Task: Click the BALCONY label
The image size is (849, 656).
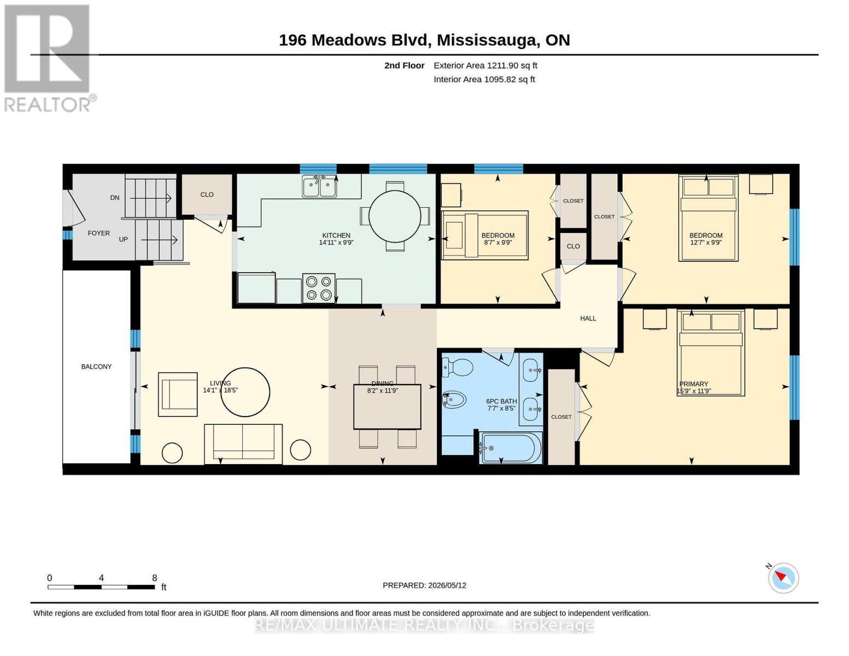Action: (x=96, y=366)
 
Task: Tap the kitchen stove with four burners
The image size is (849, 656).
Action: (x=318, y=288)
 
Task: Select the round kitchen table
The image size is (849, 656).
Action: (x=395, y=216)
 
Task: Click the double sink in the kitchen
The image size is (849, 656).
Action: (x=319, y=187)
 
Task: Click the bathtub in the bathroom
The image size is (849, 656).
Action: (x=511, y=448)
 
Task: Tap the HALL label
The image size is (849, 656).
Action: (x=588, y=318)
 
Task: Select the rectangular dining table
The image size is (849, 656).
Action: (x=387, y=407)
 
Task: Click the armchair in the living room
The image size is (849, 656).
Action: (x=177, y=394)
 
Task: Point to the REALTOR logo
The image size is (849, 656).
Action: (x=49, y=58)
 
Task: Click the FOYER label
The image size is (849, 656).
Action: (x=98, y=233)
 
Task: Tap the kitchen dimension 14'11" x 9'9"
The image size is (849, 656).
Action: (x=336, y=243)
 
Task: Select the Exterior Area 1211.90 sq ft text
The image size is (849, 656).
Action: (x=485, y=66)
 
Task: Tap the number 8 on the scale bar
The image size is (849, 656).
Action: (x=154, y=578)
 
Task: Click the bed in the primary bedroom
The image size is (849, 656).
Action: (x=711, y=353)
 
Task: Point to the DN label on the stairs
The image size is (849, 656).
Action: (x=114, y=198)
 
